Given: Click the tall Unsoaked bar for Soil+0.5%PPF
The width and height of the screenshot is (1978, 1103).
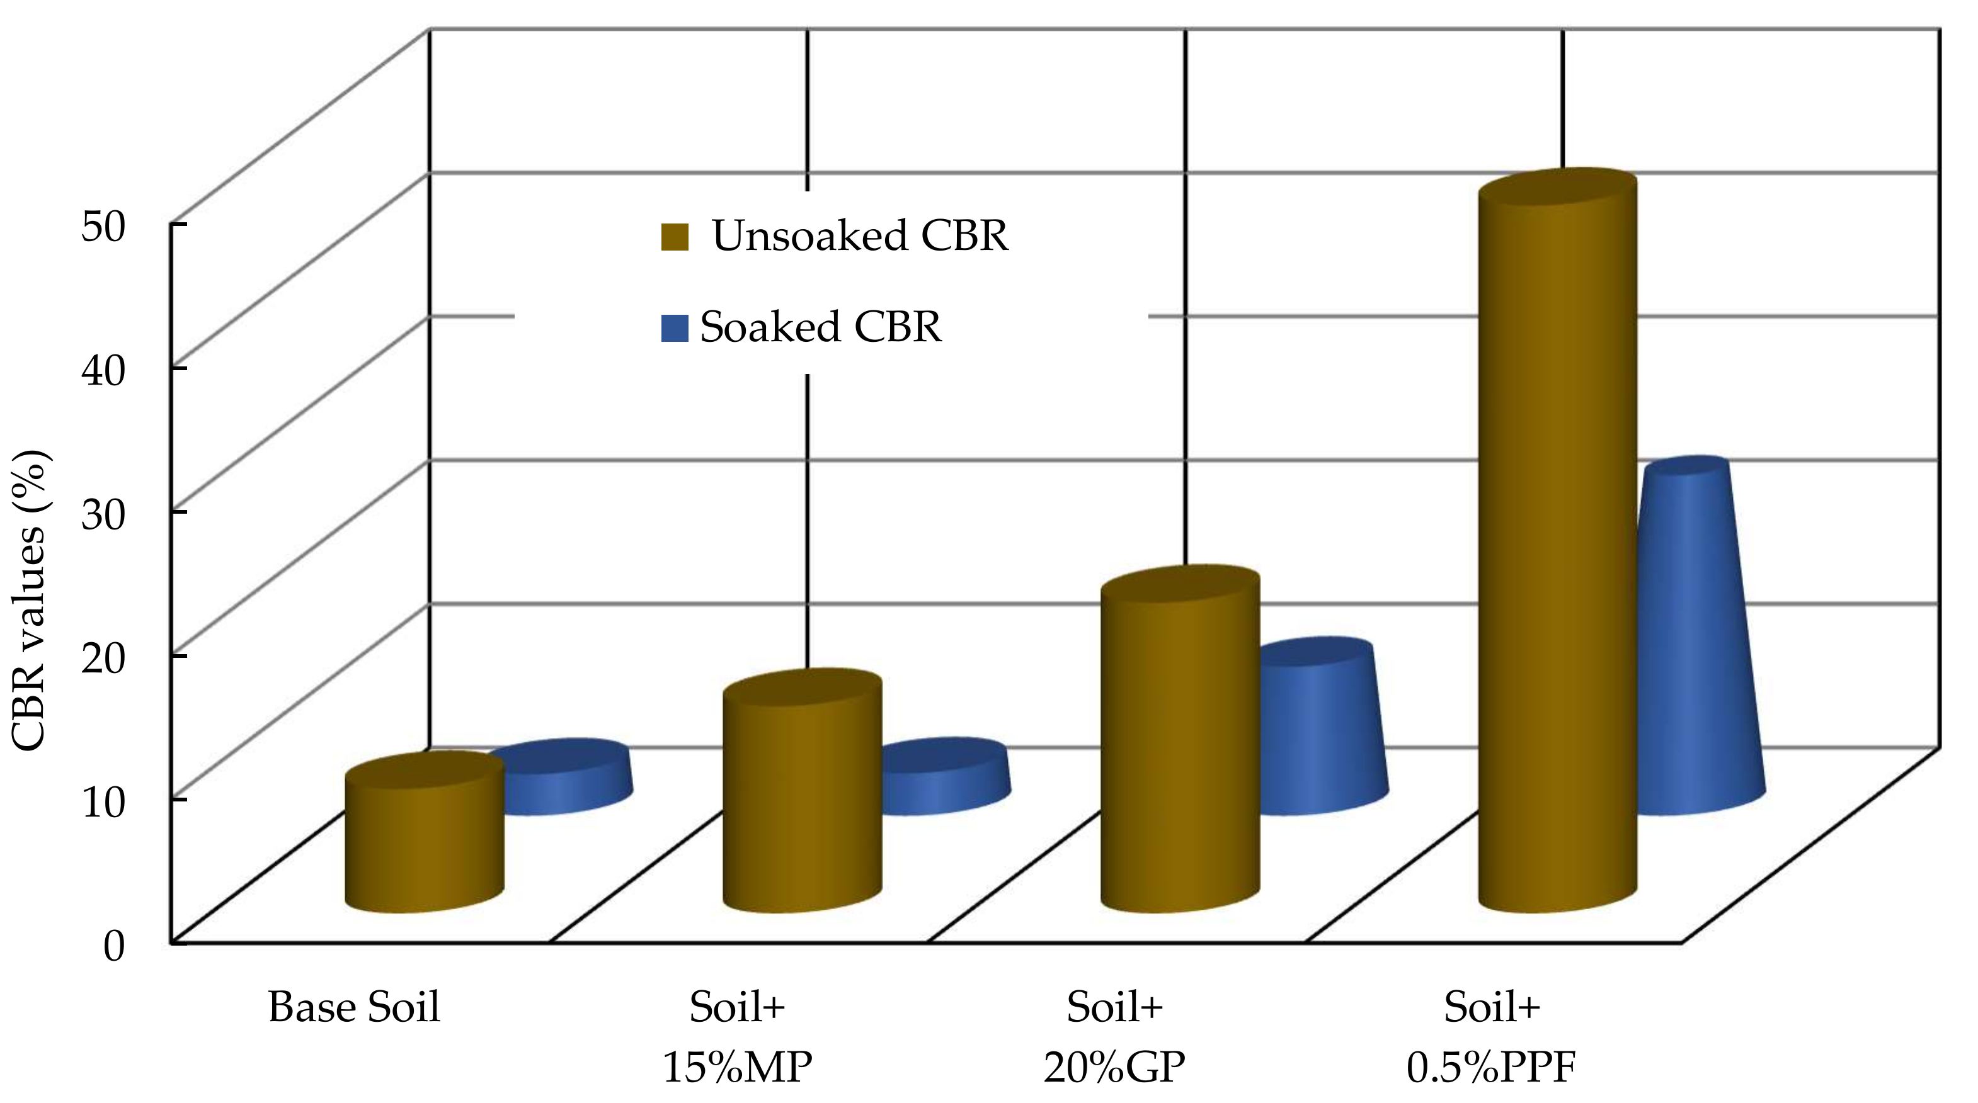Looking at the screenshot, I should point(1557,553).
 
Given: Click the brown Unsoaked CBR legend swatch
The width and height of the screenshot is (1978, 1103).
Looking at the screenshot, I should point(675,237).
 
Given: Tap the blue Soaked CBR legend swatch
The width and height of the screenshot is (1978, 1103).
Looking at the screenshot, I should point(674,329).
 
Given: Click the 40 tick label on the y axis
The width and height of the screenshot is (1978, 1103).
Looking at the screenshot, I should point(102,370).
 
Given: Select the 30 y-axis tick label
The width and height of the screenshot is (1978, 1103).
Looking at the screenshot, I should point(102,514).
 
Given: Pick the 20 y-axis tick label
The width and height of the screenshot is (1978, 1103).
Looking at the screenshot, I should point(102,657).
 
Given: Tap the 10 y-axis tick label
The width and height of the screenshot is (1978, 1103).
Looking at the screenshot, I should point(102,801).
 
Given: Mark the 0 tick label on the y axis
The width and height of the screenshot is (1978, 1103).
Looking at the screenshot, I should point(113,946).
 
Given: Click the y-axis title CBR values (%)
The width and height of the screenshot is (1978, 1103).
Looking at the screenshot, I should point(31,600).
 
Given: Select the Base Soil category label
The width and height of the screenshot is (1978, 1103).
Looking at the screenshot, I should point(354,1007).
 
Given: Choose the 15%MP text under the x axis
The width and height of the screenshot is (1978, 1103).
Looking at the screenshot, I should point(736,1067).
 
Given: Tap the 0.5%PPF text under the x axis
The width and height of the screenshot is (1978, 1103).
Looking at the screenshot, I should point(1491,1067).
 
